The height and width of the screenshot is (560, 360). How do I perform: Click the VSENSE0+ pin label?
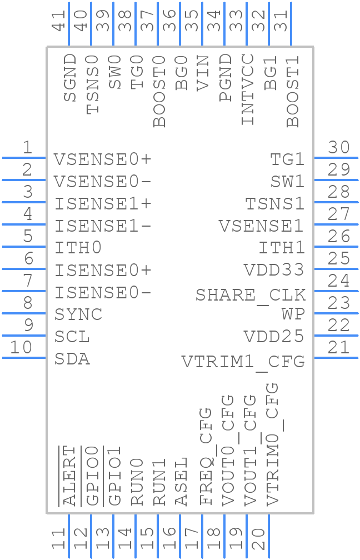[x=103, y=159]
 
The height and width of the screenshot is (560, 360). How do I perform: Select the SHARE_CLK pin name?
[x=250, y=295]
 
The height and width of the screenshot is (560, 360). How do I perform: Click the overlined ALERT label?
[x=69, y=476]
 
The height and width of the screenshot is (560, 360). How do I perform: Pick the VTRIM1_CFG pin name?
[x=243, y=362]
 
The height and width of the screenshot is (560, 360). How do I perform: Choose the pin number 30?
[x=338, y=148]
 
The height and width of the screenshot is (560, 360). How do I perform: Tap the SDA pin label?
[x=72, y=359]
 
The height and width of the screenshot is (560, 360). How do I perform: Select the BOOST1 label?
[x=292, y=91]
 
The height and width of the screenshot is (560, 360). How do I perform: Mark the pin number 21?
[x=338, y=348]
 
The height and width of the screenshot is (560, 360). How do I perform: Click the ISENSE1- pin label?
[x=103, y=226]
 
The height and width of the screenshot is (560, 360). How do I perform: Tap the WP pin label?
[x=293, y=314]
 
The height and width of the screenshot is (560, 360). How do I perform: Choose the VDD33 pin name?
[x=274, y=270]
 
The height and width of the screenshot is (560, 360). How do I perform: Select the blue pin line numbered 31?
[x=291, y=33]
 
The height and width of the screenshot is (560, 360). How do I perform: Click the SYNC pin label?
[x=78, y=314]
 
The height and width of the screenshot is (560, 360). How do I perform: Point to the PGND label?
[x=225, y=78]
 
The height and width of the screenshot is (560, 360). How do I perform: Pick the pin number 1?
[x=27, y=148]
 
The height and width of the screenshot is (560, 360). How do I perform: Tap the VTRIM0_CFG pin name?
[x=272, y=443]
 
